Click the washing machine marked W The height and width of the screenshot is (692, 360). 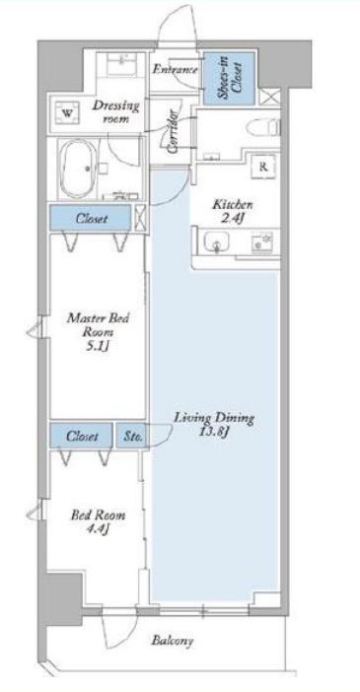point(67,112)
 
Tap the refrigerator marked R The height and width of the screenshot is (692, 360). point(263,167)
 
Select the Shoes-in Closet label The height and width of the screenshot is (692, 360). point(229,78)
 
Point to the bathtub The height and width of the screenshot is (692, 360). point(79,168)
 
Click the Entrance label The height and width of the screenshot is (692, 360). point(176,69)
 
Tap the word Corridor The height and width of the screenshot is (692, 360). point(174,131)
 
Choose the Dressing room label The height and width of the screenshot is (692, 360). point(115,111)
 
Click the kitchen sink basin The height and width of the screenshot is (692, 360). point(216,242)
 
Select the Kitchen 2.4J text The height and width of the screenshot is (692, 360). point(233,211)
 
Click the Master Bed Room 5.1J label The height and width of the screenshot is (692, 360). point(98,332)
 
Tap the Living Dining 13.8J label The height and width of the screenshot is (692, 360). point(214,424)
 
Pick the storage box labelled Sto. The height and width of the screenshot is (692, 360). point(131,436)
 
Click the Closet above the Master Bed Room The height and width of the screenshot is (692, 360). point(91,218)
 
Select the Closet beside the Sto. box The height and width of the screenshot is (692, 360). point(81,436)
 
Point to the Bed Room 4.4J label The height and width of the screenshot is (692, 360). point(98,520)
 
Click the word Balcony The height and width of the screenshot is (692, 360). point(173,641)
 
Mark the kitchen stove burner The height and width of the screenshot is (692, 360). point(262,242)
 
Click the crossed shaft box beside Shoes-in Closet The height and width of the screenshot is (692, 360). point(269,97)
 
